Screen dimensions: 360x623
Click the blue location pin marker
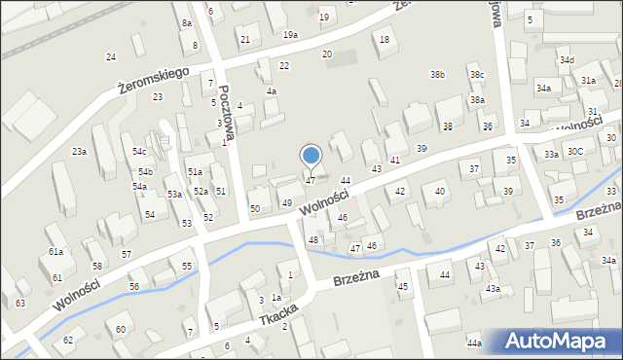pyautogui.click(x=311, y=156)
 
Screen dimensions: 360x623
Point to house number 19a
pyautogui.click(x=291, y=35)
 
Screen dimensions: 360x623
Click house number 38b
pyautogui.click(x=438, y=74)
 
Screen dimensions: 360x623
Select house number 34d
pyautogui.click(x=567, y=60)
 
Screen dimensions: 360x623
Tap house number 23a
pyautogui.click(x=80, y=152)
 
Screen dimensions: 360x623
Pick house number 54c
pyautogui.click(x=140, y=152)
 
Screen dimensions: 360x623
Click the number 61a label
pyautogui.click(x=56, y=252)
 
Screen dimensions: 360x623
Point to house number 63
pyautogui.click(x=20, y=304)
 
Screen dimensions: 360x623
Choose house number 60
pyautogui.click(x=121, y=330)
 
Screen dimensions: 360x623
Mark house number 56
pyautogui.click(x=134, y=286)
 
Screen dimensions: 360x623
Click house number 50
pyautogui.click(x=255, y=208)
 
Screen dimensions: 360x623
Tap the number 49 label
pyautogui.click(x=287, y=202)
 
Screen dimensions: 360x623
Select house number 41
pyautogui.click(x=395, y=160)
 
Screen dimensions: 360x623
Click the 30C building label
pyautogui.click(x=575, y=152)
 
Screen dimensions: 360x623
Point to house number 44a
pyautogui.click(x=474, y=343)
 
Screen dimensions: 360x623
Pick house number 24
pyautogui.click(x=111, y=57)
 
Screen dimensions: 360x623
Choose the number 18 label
pyautogui.click(x=385, y=39)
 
